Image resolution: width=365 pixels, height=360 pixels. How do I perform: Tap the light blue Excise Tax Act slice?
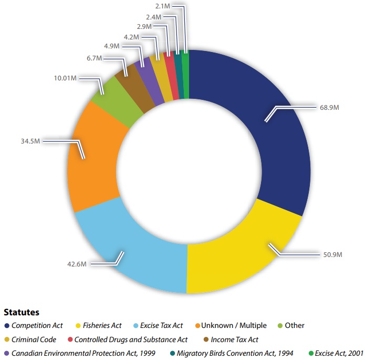(x=131, y=247)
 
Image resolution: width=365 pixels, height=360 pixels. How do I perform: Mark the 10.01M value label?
(x=66, y=78)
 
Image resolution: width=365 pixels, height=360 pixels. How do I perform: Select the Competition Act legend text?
(x=37, y=326)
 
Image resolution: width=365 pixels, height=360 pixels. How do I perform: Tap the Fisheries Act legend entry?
(x=102, y=326)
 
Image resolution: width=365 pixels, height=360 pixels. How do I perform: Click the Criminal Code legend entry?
(x=34, y=340)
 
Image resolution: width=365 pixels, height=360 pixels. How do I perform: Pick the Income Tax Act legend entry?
(x=234, y=340)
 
